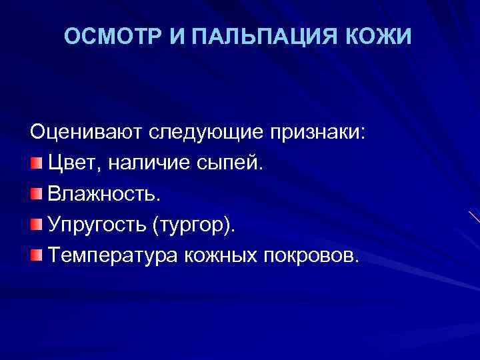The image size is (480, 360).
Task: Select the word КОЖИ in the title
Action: [x=386, y=38]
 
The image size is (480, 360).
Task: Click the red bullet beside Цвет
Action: [x=35, y=163]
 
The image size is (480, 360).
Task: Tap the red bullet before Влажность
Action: [x=35, y=194]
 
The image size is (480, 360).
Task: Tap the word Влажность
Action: [x=104, y=194]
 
